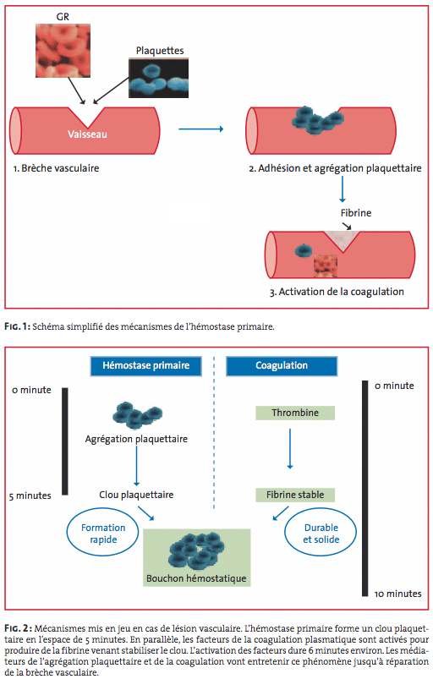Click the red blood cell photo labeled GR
(x=63, y=50)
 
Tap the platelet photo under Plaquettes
(x=158, y=78)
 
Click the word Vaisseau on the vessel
(x=87, y=134)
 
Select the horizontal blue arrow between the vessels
(x=201, y=129)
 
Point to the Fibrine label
(x=356, y=212)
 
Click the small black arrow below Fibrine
(x=347, y=226)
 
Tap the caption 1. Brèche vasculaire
(x=57, y=168)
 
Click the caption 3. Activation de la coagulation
(x=337, y=292)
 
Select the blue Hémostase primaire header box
(x=146, y=366)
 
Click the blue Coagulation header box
(x=282, y=366)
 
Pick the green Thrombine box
(x=295, y=413)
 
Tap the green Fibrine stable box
(x=295, y=495)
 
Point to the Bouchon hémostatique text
(x=196, y=578)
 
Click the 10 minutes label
(x=398, y=594)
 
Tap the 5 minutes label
(x=30, y=496)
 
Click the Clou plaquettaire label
(x=136, y=495)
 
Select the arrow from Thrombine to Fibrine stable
(x=290, y=449)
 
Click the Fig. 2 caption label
(x=18, y=628)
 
